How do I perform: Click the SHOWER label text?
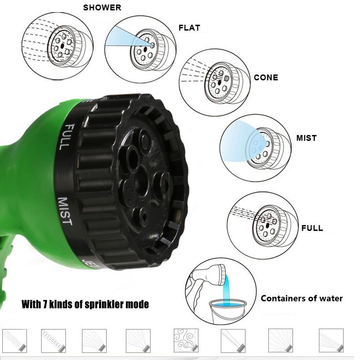pyautogui.click(x=102, y=8)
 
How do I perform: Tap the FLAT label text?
pyautogui.click(x=189, y=28)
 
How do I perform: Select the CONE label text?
pyautogui.click(x=266, y=78)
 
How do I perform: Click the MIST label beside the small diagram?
pyautogui.click(x=306, y=138)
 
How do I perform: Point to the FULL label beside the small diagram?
pyautogui.click(x=312, y=228)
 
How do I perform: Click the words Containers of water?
pyautogui.click(x=301, y=298)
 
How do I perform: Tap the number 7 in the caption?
pyautogui.click(x=46, y=305)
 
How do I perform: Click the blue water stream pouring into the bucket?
pyautogui.click(x=226, y=290)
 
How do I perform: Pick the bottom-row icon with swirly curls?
pyautogui.click(x=186, y=340)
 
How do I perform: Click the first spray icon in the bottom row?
pyautogui.click(x=14, y=340)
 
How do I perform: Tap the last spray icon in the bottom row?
pyautogui.click(x=331, y=340)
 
